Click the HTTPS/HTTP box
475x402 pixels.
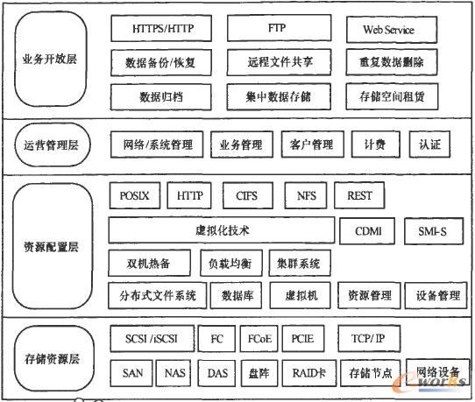[161, 28]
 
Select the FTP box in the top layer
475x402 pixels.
[279, 27]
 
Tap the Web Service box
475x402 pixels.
[392, 30]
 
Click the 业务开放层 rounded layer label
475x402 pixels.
[51, 59]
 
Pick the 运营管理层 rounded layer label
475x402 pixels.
[53, 145]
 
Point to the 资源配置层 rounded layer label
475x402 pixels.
[53, 246]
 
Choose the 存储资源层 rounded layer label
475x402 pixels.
[53, 358]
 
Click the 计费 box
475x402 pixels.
[376, 145]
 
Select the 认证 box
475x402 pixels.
[429, 145]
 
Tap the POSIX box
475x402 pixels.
[135, 195]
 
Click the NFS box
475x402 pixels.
[306, 195]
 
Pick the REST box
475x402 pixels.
[359, 195]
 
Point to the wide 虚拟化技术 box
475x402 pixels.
[222, 230]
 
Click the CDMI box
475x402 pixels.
[367, 231]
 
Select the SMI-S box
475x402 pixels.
[434, 231]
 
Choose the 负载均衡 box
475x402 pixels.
[231, 263]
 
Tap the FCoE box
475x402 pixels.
[259, 338]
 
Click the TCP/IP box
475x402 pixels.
[369, 338]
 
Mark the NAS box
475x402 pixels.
[174, 373]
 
